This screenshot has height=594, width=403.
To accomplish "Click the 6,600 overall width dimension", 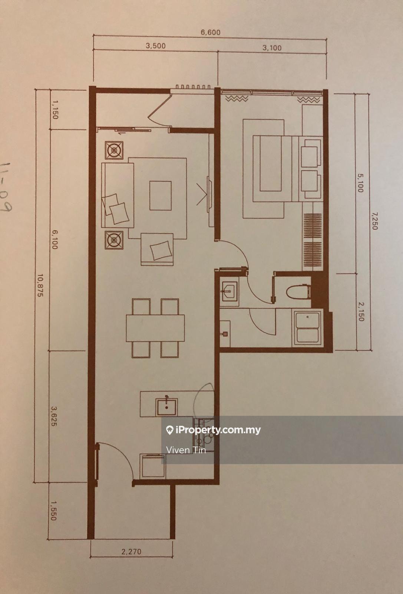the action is (210, 32).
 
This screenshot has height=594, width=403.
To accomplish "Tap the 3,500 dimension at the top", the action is (156, 46).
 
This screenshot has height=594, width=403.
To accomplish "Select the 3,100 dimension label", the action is (272, 48).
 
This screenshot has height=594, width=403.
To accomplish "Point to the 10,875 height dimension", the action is (40, 285).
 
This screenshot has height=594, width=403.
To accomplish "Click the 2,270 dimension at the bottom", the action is (131, 552).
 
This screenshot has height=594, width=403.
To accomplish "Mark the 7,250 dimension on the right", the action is (374, 221).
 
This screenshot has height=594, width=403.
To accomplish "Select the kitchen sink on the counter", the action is (166, 407).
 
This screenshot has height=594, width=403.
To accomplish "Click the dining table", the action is (155, 328).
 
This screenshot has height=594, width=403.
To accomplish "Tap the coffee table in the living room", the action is (161, 196).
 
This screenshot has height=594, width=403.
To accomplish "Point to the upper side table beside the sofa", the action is (114, 150).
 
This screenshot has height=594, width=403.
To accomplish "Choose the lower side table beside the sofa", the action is (114, 240).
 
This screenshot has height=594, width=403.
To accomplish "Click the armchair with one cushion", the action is (157, 249).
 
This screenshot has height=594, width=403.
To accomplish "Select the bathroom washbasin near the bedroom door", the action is (229, 291).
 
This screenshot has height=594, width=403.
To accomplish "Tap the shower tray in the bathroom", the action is (307, 328).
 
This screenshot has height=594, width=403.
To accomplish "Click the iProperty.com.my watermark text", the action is (218, 430).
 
